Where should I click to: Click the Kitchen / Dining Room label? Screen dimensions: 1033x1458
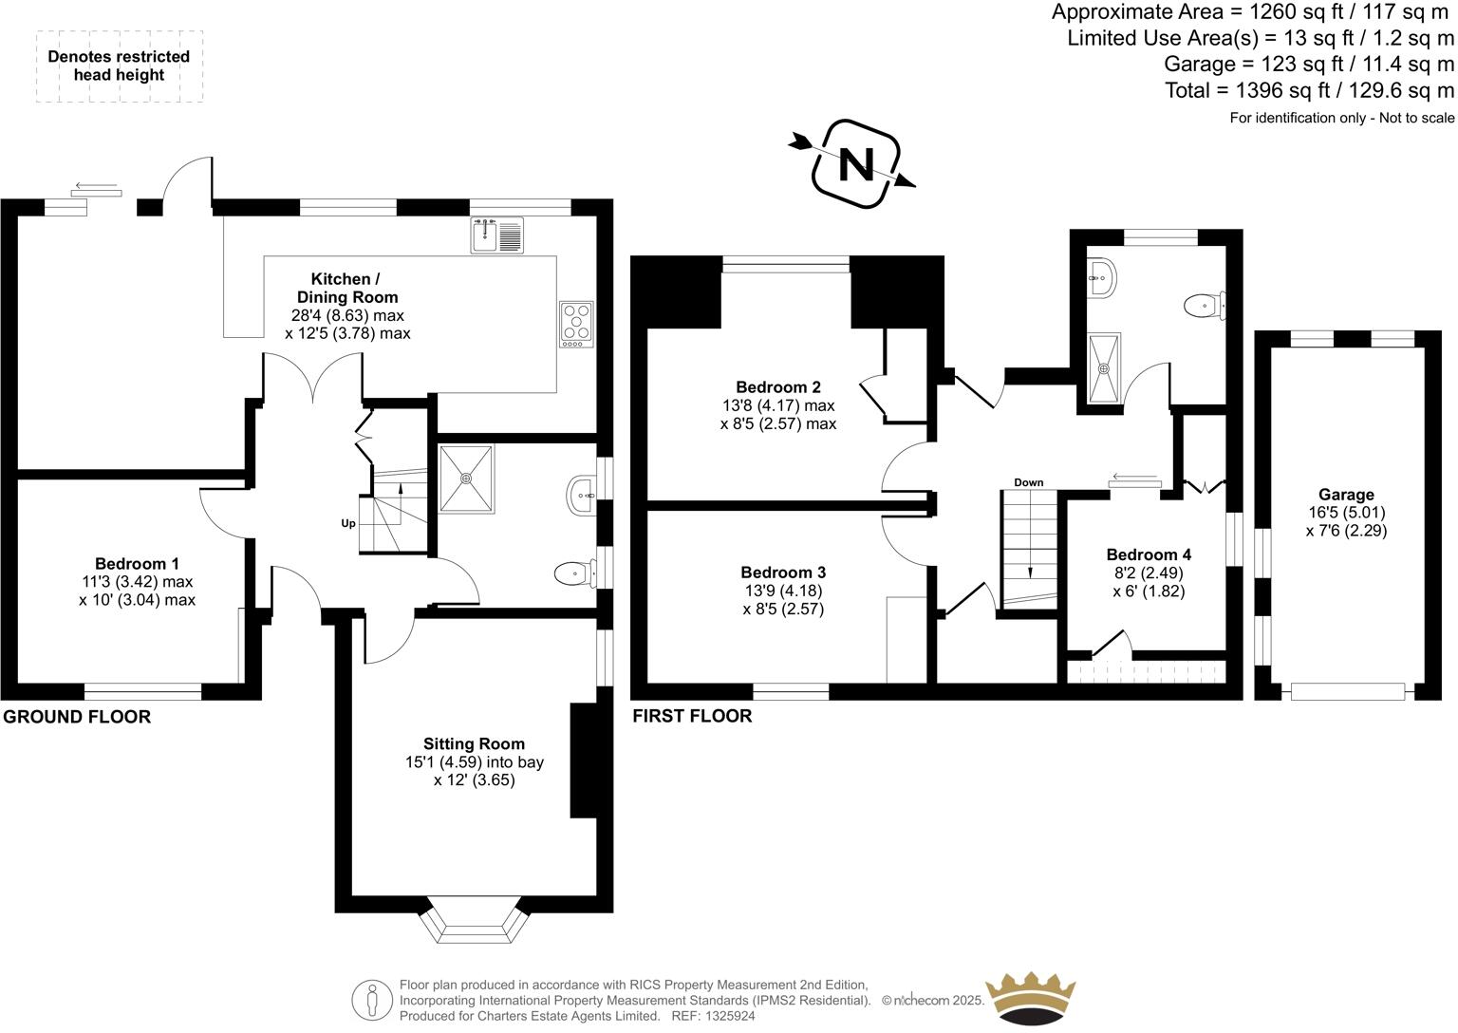pos(346,288)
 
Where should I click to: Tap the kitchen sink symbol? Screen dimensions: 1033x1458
pos(496,235)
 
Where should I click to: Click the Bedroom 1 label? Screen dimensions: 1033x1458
pos(137,563)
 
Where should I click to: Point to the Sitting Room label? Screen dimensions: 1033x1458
pos(474,743)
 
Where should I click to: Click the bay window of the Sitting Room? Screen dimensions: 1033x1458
pos(474,921)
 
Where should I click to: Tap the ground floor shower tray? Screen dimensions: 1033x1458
pos(466,479)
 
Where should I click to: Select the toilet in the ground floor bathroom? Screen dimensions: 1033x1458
pos(572,573)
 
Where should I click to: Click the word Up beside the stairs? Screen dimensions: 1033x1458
pos(348,523)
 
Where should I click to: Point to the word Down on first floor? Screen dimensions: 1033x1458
pos(1028,482)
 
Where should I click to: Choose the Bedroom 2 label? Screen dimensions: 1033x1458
pos(778,386)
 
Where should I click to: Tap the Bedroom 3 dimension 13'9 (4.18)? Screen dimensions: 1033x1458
pos(783,591)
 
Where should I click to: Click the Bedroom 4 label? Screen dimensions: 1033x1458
pos(1149,554)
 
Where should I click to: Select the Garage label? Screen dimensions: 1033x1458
pos(1346,494)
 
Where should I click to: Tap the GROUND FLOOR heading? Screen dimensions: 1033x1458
pos(77,717)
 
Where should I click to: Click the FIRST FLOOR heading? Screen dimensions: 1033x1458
pos(692,716)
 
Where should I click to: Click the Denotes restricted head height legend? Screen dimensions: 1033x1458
pos(119,66)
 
